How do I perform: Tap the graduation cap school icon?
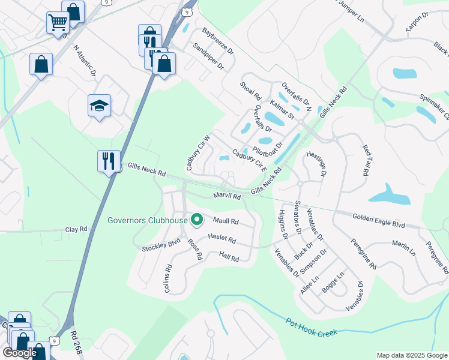100,107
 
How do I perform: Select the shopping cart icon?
58,24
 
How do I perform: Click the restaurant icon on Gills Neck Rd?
109,161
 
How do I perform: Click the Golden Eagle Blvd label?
378,221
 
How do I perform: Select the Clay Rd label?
76,229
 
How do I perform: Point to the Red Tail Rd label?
364,160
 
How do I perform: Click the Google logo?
20,353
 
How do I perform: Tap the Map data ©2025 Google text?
411,355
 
